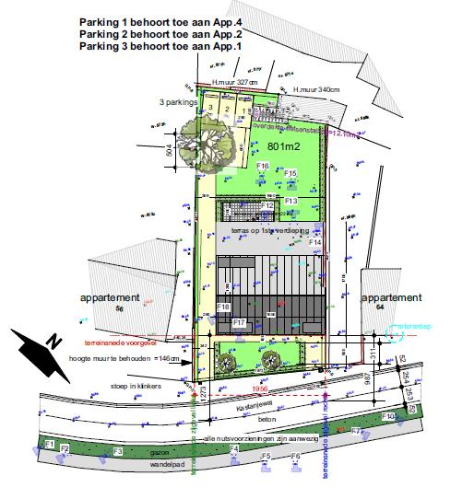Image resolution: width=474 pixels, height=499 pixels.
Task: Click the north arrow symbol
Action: (41, 354)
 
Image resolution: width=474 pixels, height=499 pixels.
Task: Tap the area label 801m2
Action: (285, 146)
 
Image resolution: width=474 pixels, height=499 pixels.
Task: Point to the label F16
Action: (263, 166)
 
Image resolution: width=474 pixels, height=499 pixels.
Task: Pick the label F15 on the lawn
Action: (290, 173)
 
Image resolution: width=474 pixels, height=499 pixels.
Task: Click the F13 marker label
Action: (290, 200)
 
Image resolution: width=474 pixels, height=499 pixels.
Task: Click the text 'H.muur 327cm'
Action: (234, 82)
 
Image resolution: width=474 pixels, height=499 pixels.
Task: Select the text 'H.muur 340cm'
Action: (315, 89)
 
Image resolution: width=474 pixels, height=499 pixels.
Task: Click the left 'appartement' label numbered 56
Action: (110, 298)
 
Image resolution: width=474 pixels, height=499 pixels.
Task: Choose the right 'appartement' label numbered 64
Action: (392, 298)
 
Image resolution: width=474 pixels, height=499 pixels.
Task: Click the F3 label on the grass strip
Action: (117, 451)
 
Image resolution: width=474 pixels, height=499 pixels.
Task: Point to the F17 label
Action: (238, 323)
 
